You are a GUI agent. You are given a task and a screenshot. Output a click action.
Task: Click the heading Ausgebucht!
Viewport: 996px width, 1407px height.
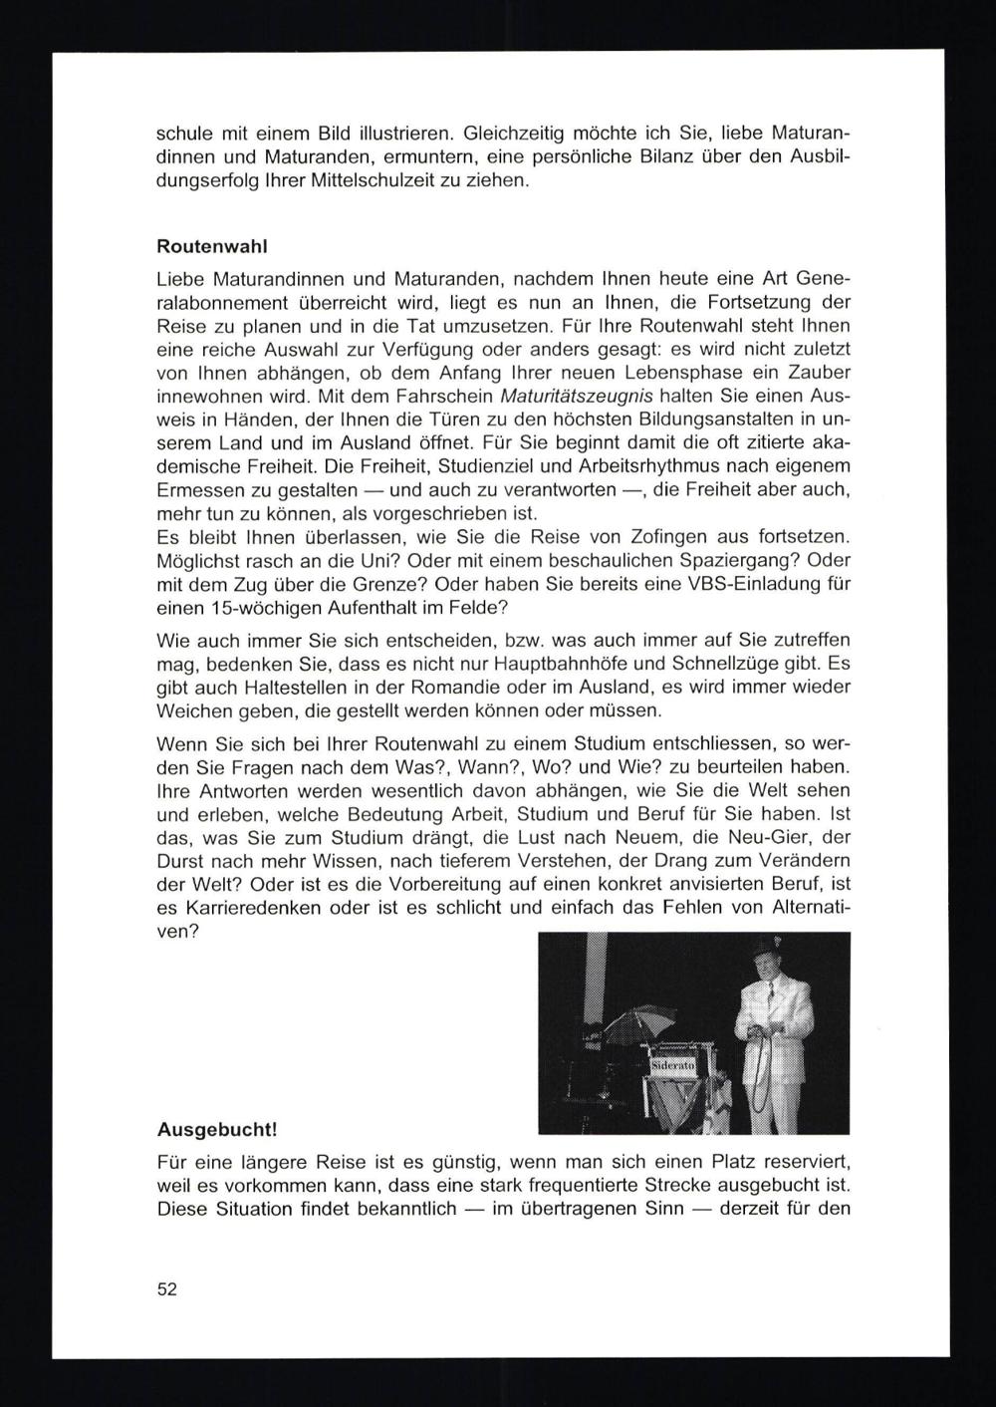click(217, 1130)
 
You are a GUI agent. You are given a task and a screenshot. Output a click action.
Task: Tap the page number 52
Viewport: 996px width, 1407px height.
click(166, 1288)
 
